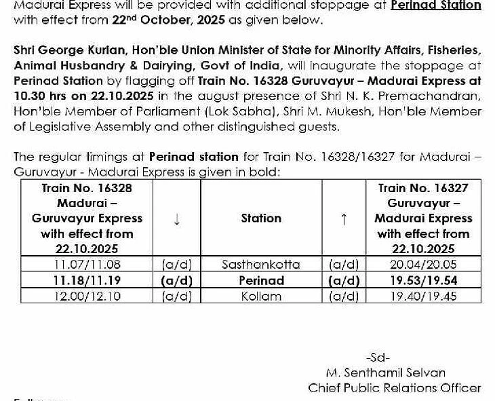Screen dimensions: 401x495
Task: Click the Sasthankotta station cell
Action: tap(261, 265)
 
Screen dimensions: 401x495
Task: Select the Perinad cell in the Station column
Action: tap(261, 280)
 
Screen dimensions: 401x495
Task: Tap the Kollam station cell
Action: tap(261, 296)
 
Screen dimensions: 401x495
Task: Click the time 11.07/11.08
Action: tap(87, 265)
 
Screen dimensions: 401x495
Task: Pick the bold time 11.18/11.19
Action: tap(87, 280)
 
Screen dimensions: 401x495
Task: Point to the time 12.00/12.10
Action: tap(87, 296)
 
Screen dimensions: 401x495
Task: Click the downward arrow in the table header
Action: tap(177, 218)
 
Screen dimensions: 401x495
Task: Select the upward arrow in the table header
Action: tap(344, 218)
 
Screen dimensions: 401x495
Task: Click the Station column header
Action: tap(261, 218)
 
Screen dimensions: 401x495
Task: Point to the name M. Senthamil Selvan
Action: tap(385, 373)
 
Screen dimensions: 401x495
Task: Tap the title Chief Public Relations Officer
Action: tap(394, 388)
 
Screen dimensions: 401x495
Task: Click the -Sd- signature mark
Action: tap(377, 357)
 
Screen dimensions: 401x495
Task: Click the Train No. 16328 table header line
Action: tap(87, 188)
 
